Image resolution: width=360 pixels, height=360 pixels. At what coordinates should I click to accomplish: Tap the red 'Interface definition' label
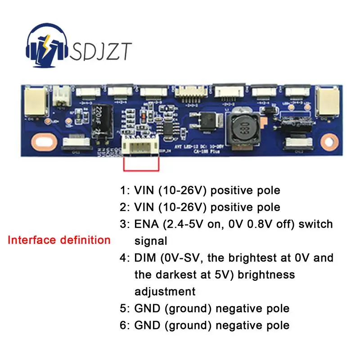[x=59, y=240]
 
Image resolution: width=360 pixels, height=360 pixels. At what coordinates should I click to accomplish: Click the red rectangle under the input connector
[x=141, y=165]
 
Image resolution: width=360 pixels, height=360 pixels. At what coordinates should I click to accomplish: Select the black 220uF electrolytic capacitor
[x=100, y=121]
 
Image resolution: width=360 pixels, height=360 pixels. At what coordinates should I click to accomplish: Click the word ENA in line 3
[x=147, y=224]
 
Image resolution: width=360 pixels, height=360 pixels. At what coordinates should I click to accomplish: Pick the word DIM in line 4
[x=146, y=258]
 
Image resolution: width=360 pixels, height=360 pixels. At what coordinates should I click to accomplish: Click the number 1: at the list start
[x=125, y=190]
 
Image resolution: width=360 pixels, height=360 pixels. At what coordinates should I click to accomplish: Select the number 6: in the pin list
[x=125, y=325]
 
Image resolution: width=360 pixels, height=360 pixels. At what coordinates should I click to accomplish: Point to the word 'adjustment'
[x=165, y=292]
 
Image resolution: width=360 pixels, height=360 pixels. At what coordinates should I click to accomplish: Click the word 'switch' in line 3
[x=317, y=224]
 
